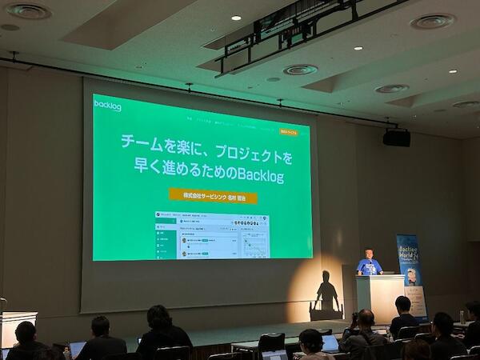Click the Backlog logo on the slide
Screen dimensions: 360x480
pyautogui.click(x=107, y=105)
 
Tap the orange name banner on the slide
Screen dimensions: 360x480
pyautogui.click(x=213, y=194)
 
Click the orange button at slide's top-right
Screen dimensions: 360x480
pyautogui.click(x=289, y=131)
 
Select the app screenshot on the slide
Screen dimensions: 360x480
pyautogui.click(x=212, y=234)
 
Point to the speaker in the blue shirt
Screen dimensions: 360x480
pyautogui.click(x=369, y=264)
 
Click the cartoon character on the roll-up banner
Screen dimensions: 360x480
pyautogui.click(x=411, y=277)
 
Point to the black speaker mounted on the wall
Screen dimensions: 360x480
pyautogui.click(x=396, y=138)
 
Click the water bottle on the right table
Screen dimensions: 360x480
pyautogui.click(x=462, y=318)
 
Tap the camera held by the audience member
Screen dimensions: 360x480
pyautogui.click(x=354, y=318)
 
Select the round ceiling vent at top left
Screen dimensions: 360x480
pyautogui.click(x=29, y=11)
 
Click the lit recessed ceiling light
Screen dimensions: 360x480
pyautogui.click(x=236, y=17)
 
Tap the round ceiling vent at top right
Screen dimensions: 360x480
pyautogui.click(x=433, y=22)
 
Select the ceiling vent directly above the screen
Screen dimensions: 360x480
pyautogui.click(x=300, y=70)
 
